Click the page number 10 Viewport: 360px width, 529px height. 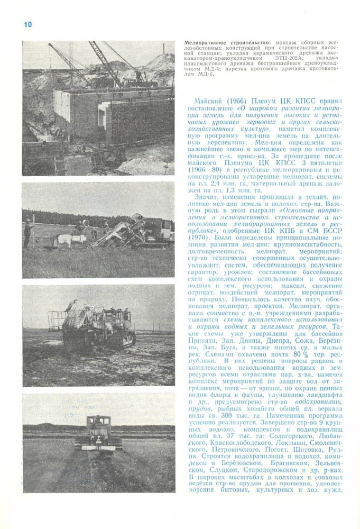click(x=28, y=25)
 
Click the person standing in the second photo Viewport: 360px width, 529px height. click(x=27, y=234)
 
